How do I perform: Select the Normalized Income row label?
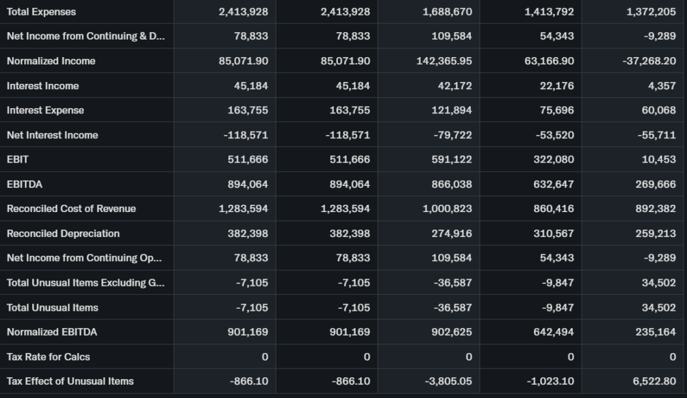(51, 61)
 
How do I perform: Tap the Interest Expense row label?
(45, 110)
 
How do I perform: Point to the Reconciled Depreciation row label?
(63, 234)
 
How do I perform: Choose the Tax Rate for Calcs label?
(48, 356)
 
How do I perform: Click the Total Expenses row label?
(41, 12)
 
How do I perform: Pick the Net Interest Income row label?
(52, 135)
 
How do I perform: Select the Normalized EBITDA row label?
(52, 332)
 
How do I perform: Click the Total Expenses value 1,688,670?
(447, 12)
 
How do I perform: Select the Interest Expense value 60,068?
(658, 110)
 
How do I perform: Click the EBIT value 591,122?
(453, 160)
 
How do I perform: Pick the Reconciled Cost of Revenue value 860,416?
(553, 209)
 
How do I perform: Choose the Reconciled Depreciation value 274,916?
(453, 234)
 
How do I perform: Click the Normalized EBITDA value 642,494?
(553, 332)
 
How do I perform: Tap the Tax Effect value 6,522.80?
(654, 381)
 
